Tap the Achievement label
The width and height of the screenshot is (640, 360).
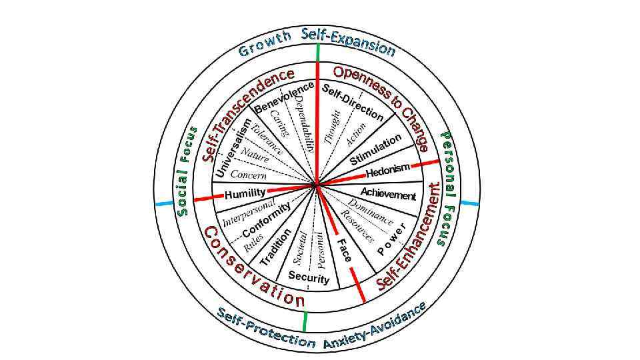[389, 195]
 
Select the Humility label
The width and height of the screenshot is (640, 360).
[245, 194]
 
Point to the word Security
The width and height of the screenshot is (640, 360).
[309, 277]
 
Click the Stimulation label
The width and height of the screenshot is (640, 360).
[376, 151]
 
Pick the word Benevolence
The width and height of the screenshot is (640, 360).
[284, 97]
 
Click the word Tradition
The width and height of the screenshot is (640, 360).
[276, 247]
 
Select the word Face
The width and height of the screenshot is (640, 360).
[344, 249]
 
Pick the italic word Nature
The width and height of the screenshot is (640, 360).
[255, 156]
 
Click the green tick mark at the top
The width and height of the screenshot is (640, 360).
[319, 53]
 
